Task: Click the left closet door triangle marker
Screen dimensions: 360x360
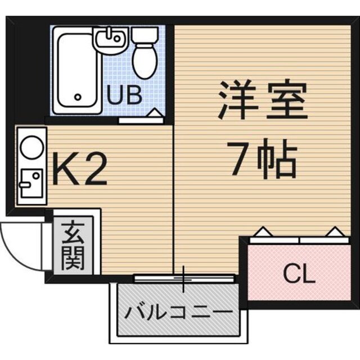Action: coord(262,231)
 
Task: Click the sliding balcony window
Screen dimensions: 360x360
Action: coord(183,277)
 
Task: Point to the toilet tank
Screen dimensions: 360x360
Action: coord(141,35)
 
